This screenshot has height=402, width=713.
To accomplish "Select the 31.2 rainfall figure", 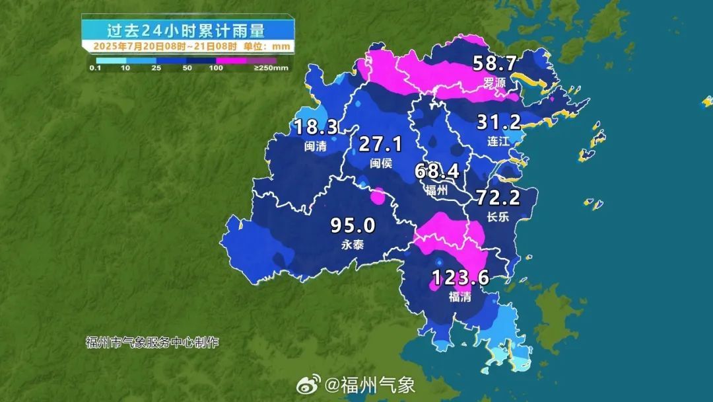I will point(499,122).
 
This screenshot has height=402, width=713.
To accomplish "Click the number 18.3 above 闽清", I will point(316,127).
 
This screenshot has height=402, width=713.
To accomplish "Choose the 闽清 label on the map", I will point(316,146).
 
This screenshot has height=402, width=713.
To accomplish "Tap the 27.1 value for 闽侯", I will point(380,144).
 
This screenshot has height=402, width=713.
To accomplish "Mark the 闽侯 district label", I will point(381,163).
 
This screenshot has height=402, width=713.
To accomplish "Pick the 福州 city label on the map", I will point(436,190).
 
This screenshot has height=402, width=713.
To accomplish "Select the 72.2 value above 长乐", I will point(498,197).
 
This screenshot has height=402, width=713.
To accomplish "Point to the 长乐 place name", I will point(498,216).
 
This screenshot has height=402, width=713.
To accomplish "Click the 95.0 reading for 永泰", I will point(353,226).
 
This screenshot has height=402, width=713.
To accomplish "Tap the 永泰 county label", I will point(353,245).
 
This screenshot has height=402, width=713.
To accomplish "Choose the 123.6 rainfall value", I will point(460,278).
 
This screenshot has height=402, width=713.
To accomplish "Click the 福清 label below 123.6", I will point(460,297).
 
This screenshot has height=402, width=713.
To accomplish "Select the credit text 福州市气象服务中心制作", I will point(152,342).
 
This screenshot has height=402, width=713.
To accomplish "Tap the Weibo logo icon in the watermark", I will point(308,384).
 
